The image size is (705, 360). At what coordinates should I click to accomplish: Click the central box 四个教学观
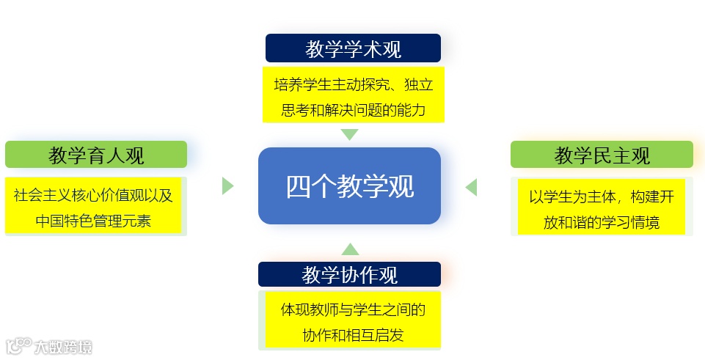coord(349,186)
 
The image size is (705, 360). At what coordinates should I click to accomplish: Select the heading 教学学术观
coord(353,49)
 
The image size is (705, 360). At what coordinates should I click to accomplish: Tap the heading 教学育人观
coord(96,155)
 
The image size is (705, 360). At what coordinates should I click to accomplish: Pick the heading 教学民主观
coord(602,155)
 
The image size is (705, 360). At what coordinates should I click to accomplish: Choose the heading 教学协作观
coord(349,275)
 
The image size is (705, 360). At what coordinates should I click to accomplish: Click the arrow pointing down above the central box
coord(350,134)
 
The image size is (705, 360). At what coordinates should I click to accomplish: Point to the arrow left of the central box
coord(227,185)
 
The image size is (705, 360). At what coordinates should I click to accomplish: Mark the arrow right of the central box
coord(471,187)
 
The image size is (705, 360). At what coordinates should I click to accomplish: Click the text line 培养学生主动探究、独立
coord(353,85)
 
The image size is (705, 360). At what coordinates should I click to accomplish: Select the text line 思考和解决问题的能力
coord(353,110)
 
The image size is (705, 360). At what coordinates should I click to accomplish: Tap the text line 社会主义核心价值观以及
coord(93,195)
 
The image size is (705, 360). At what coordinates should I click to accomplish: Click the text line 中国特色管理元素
coord(93,220)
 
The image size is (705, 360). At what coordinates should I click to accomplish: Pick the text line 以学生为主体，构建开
coord(602,196)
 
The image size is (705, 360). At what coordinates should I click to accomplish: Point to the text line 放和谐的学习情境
coord(602,222)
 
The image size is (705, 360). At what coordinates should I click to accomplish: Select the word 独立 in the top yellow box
coord(420,85)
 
